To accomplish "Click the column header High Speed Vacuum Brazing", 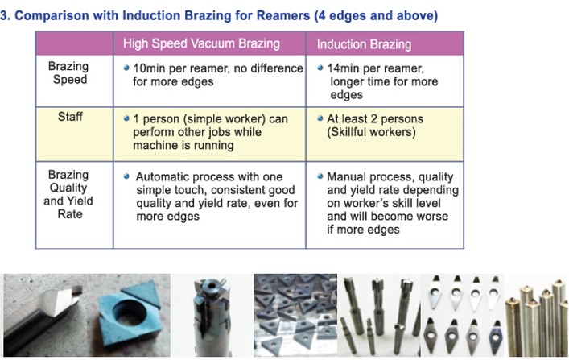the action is [x=201, y=44].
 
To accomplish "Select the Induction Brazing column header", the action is [x=364, y=44].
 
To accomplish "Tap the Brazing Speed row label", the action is [x=68, y=72].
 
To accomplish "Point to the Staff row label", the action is [x=70, y=117].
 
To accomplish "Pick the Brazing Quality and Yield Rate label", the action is [x=68, y=194].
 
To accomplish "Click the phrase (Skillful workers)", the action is [x=371, y=132].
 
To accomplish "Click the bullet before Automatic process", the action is [x=126, y=176].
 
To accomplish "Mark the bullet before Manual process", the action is [x=320, y=176].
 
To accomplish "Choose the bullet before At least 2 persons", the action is [x=320, y=118].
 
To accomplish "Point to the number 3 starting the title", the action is [x=4, y=16].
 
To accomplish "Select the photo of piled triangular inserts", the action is [x=295, y=316].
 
